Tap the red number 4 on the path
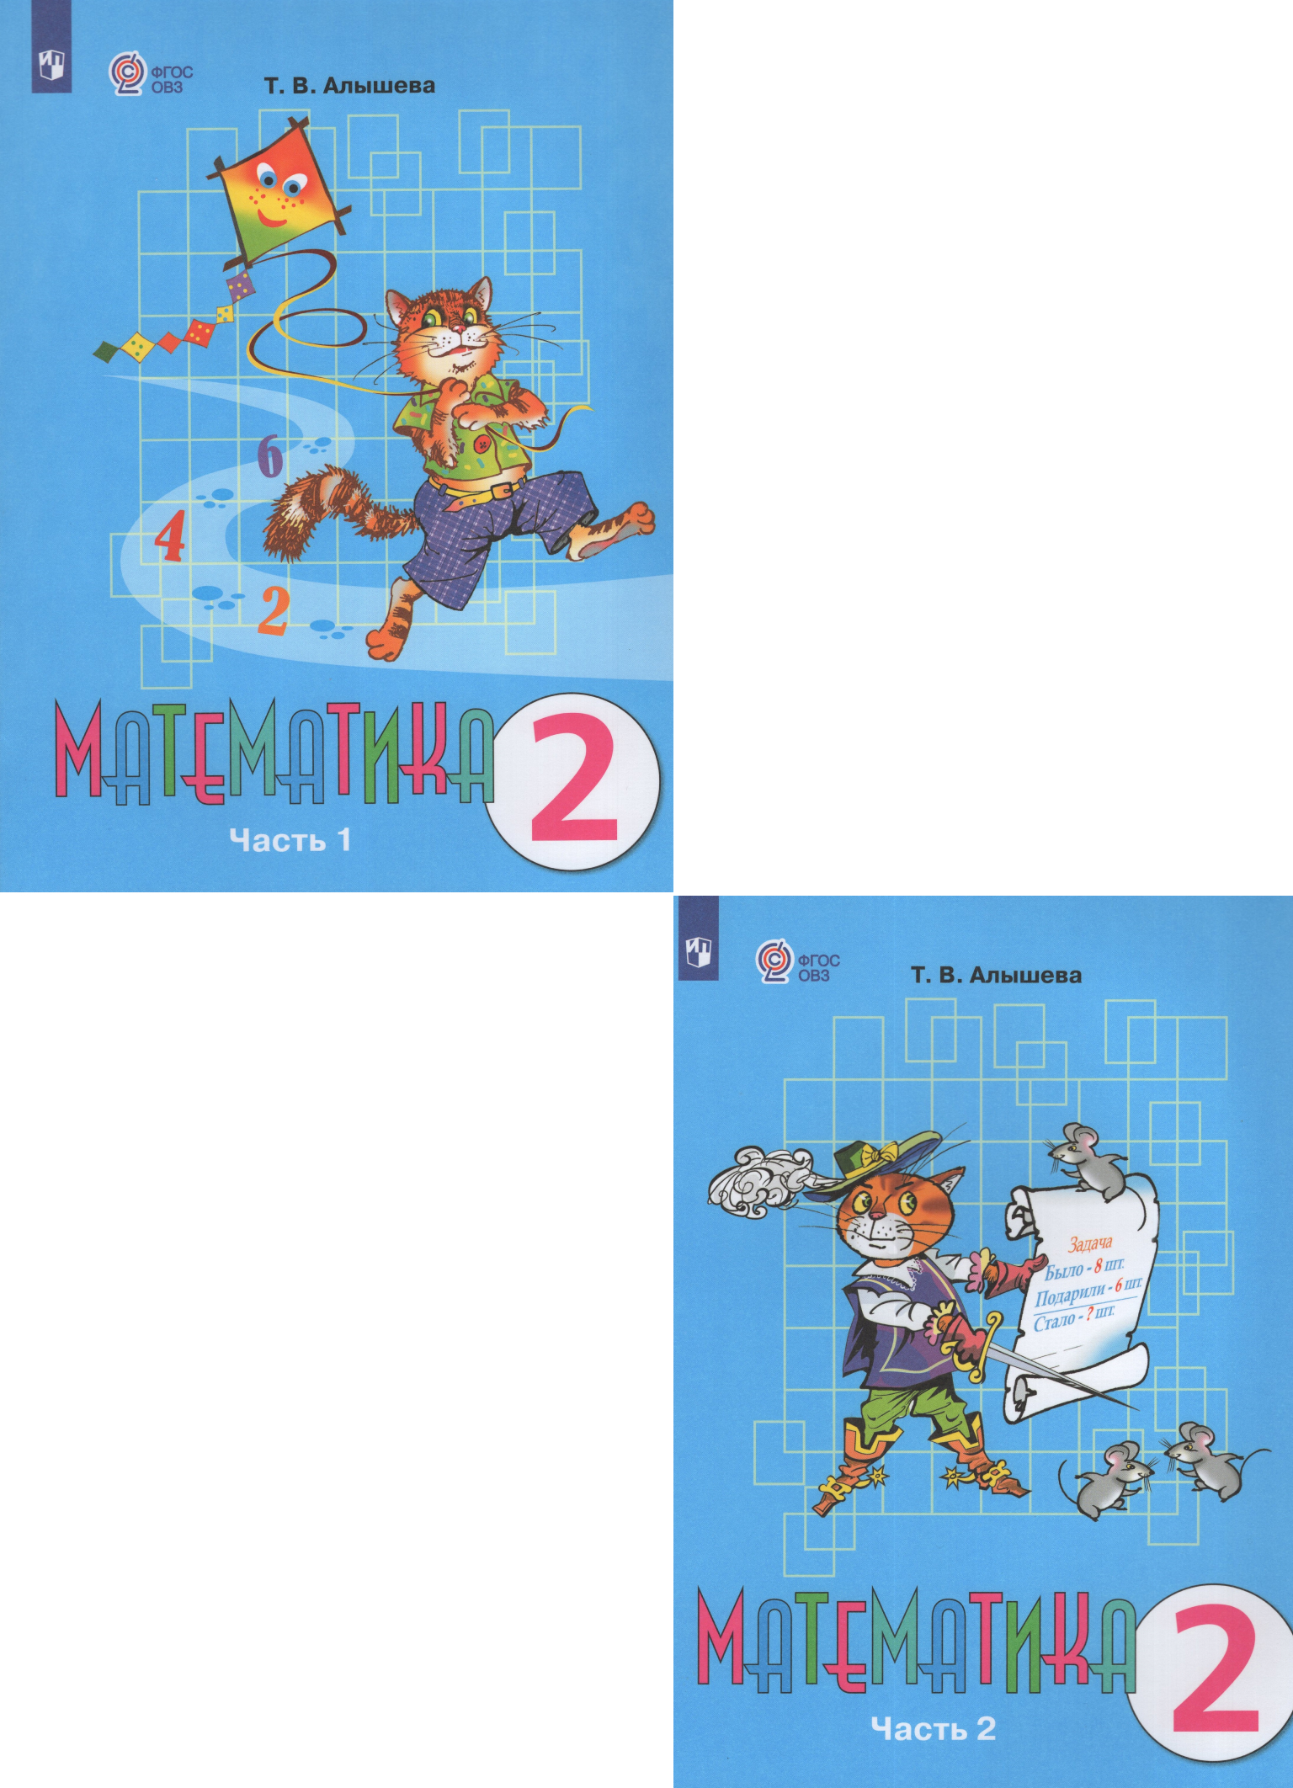(170, 535)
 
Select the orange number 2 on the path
(274, 611)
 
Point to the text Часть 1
(290, 839)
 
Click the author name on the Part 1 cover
(349, 85)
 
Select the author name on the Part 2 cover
(996, 975)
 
